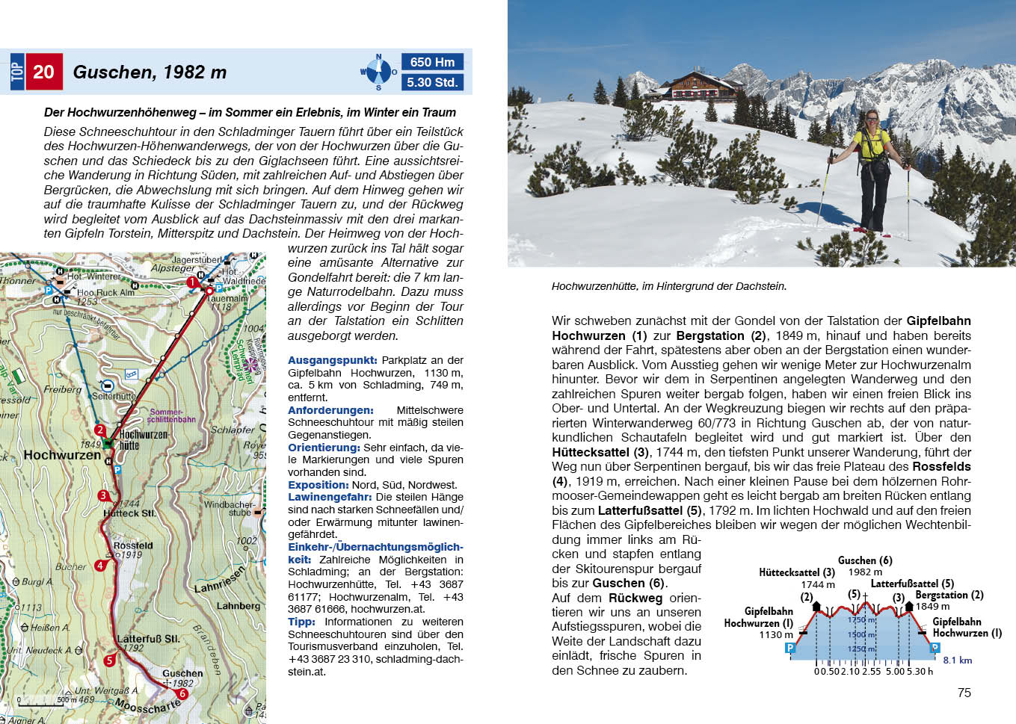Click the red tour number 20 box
[x=43, y=72]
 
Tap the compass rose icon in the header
[x=378, y=72]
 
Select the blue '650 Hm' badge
[x=432, y=62]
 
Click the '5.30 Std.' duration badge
[x=432, y=82]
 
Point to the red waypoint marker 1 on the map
[x=192, y=282]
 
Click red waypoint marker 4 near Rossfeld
[x=100, y=566]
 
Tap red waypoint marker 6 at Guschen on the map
[x=182, y=693]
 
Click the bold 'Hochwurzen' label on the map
[x=62, y=455]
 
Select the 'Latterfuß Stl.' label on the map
[x=148, y=639]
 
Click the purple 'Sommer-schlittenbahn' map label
[x=172, y=415]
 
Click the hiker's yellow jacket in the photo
[x=872, y=144]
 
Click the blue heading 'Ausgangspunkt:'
[x=332, y=360]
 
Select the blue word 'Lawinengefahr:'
[x=330, y=497]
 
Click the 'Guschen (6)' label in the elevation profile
[x=865, y=560]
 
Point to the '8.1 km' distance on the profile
[x=957, y=660]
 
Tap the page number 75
[x=964, y=693]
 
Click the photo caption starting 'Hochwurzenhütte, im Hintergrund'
[x=668, y=286]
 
